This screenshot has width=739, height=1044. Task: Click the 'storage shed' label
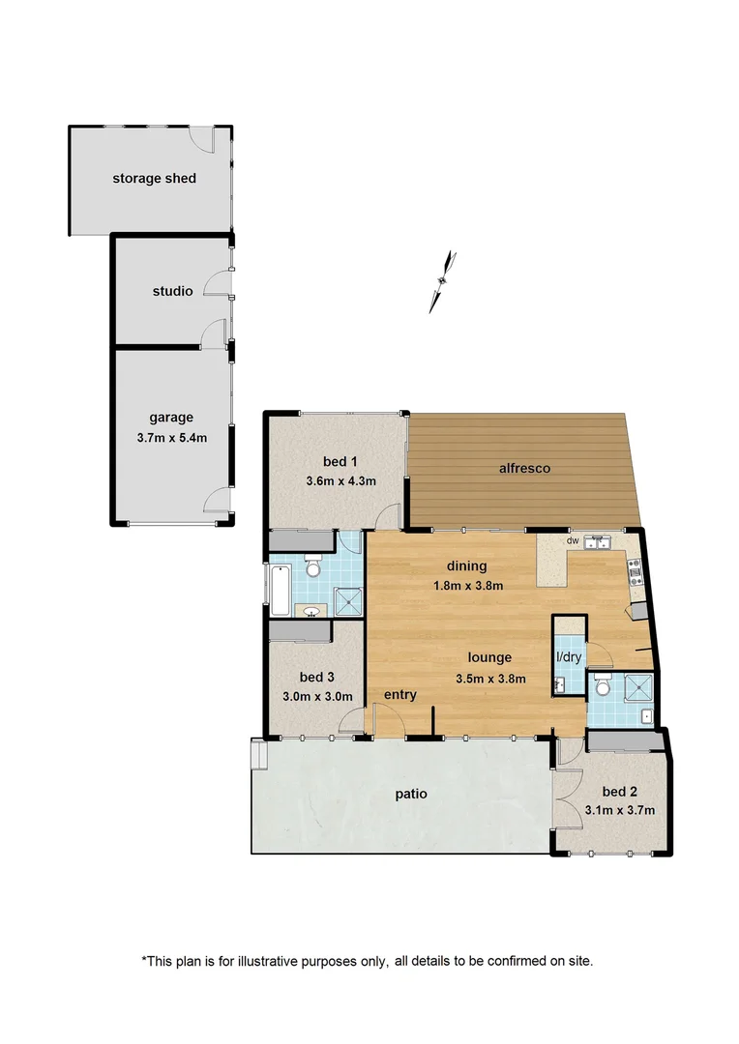154,178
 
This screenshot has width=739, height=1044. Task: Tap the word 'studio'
172,291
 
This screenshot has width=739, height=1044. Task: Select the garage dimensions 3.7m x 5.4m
171,437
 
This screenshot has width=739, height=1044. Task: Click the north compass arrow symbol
443,281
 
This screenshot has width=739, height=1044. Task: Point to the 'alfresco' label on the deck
524,468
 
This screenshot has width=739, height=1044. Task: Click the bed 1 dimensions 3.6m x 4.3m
340,480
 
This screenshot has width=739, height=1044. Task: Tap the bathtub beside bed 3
279,590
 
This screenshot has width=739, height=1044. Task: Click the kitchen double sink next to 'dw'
596,542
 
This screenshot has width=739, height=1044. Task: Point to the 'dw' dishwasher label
573,541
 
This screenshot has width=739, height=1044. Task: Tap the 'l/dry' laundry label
568,658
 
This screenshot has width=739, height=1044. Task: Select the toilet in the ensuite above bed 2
604,688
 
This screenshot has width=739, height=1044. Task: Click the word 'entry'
400,695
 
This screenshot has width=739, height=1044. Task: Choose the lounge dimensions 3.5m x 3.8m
490,678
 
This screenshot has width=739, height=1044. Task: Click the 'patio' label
411,795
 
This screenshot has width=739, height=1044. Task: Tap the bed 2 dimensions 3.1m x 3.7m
620,810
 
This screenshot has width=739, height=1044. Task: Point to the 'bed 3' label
316,677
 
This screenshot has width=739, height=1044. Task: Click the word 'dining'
466,566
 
